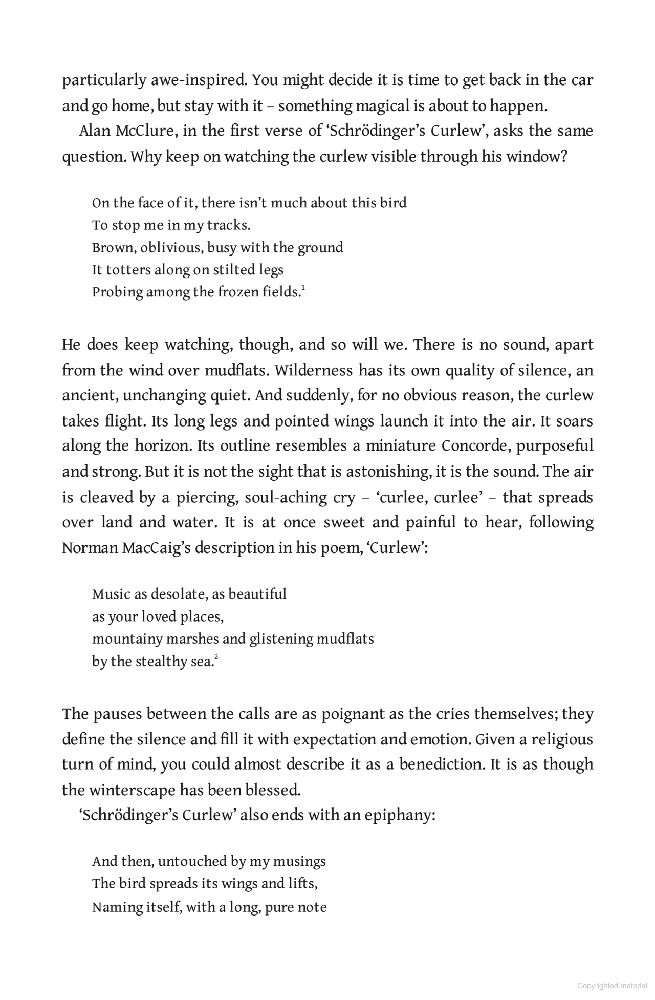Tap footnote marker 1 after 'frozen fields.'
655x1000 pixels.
(x=303, y=289)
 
